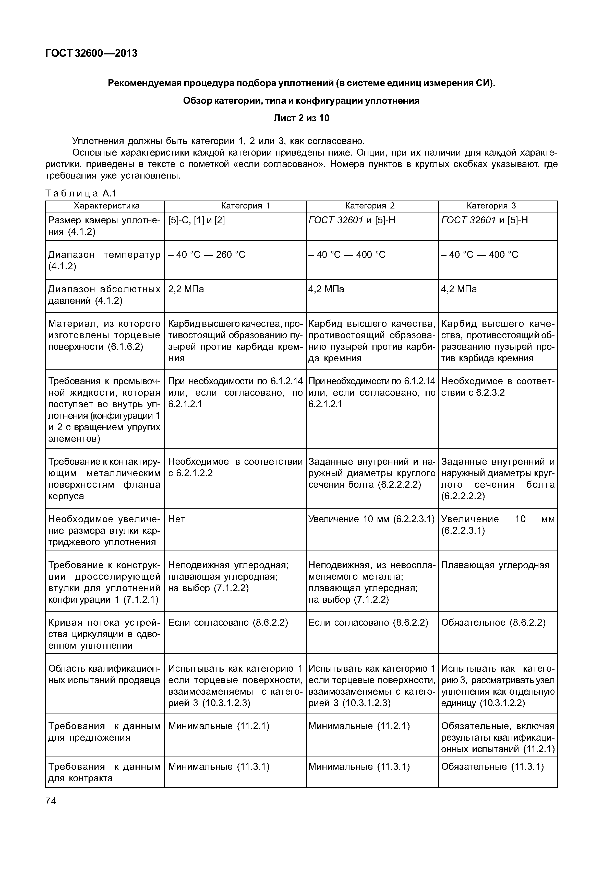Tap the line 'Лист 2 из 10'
coord(301,118)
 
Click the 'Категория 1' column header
coord(246,206)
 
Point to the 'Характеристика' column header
coord(106,206)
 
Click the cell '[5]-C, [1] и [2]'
coord(197,220)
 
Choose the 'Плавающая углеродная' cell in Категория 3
coord(495,565)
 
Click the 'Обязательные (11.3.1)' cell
coord(492,767)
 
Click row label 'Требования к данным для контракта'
coord(104,773)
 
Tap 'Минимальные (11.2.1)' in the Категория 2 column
coord(359,726)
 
